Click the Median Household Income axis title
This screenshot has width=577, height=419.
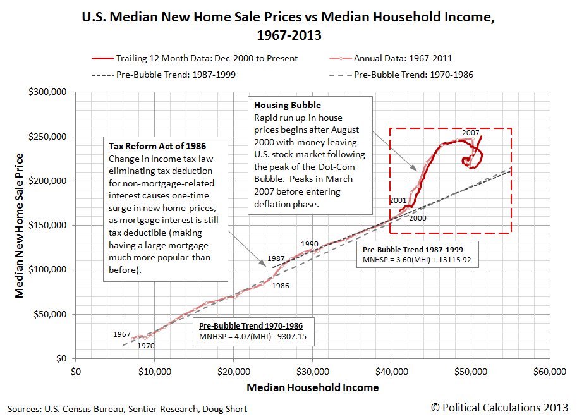313,387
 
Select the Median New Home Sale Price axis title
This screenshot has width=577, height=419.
20,225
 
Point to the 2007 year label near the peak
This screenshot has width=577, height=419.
471,133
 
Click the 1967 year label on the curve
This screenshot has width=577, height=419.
122,334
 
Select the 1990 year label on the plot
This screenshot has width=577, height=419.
309,244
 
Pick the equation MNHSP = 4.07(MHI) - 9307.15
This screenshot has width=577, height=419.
253,337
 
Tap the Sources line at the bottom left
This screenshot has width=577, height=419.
127,409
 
